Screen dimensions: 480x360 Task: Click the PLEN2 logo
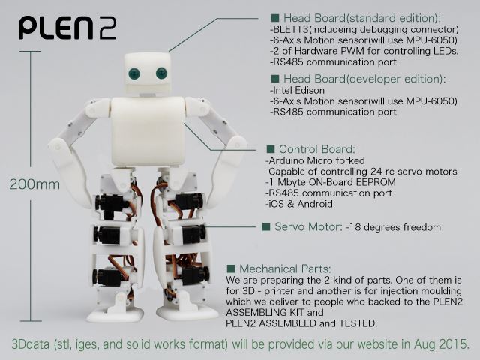tap(67, 28)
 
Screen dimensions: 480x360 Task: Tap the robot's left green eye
tap(134, 73)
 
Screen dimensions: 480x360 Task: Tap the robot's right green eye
tap(162, 73)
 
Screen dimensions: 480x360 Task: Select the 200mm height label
tap(34, 184)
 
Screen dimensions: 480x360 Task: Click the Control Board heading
tap(317, 149)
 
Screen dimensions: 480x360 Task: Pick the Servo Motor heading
tap(308, 226)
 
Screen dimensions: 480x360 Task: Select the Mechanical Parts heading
tap(285, 268)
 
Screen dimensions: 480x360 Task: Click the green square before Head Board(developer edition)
tap(275, 79)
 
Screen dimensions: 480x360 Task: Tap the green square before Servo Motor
tap(266, 226)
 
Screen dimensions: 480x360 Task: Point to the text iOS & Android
tap(300, 204)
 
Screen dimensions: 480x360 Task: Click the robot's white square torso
tap(148, 132)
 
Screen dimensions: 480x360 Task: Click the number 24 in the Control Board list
tap(376, 172)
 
